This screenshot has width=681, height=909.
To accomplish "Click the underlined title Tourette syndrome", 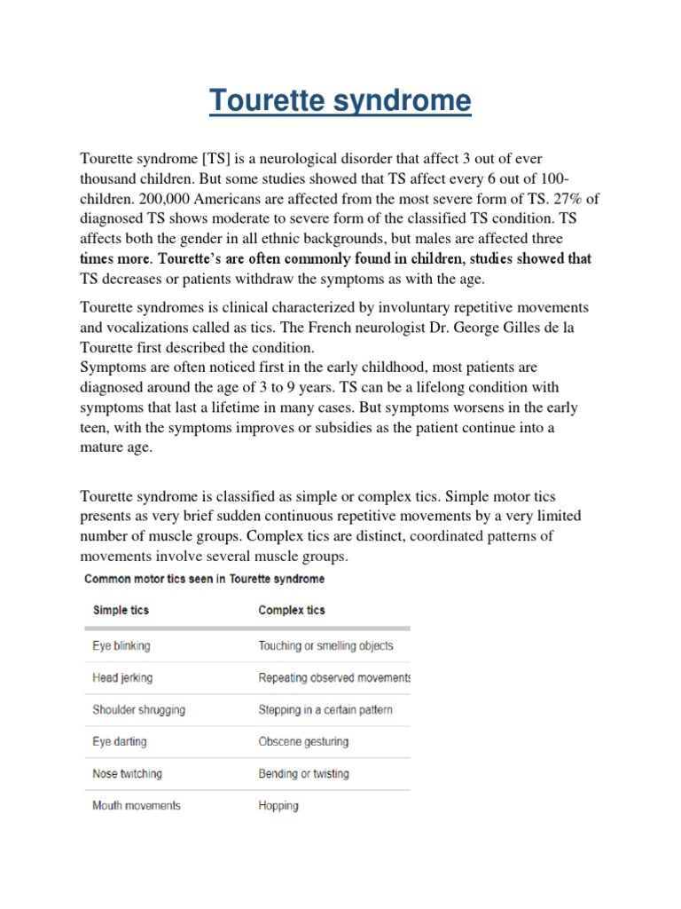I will click(340, 101).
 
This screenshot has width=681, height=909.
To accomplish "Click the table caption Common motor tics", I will click(204, 579).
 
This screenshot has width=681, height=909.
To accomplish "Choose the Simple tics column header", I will click(121, 611).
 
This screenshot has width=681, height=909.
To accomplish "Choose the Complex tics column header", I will click(291, 611).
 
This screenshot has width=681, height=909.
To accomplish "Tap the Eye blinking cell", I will click(121, 645).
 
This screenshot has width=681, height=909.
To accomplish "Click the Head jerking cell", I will click(122, 677).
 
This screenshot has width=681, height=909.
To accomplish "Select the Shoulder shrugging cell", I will click(139, 710).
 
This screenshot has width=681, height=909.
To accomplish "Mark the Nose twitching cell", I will click(127, 774).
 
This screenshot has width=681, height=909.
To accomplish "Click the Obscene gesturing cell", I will click(303, 741).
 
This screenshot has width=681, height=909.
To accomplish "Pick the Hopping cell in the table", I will click(278, 806).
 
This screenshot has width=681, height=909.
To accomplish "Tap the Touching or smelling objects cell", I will click(325, 645).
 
